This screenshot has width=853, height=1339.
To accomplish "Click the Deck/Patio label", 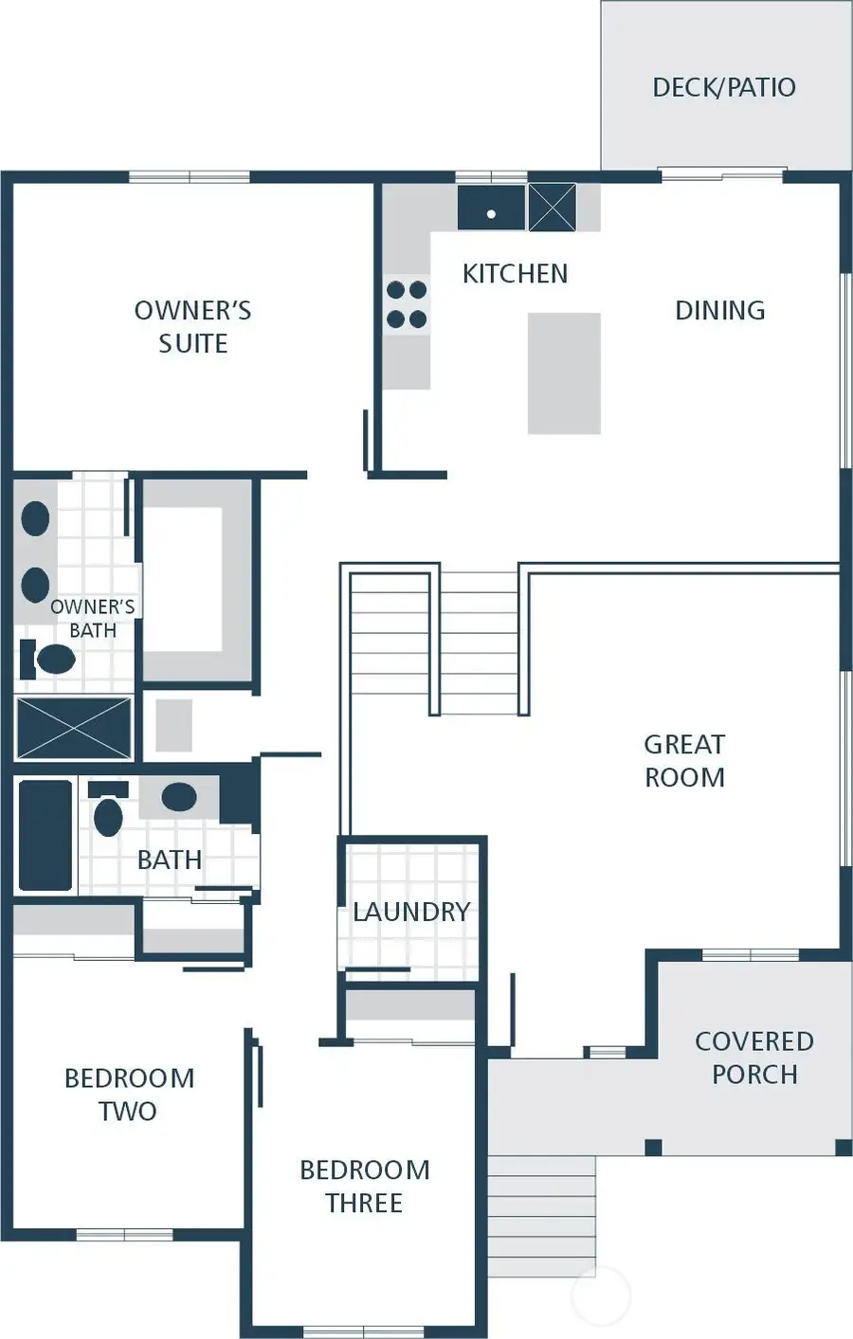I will click(x=723, y=87).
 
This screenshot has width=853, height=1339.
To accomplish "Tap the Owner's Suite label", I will click(x=192, y=327).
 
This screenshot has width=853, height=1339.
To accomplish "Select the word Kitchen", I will click(x=515, y=274).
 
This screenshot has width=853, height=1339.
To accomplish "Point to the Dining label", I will click(x=719, y=311).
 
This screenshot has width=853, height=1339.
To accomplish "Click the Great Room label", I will click(x=684, y=761).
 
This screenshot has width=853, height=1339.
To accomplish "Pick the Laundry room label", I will click(x=411, y=912).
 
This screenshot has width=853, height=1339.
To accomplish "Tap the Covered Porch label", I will click(x=753, y=1058).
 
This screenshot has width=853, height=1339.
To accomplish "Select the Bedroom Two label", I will click(x=129, y=1095).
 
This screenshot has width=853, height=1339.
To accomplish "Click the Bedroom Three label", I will click(x=364, y=1186).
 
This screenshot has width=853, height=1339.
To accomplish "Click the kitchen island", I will click(x=564, y=373).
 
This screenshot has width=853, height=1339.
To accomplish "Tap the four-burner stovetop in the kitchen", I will click(x=407, y=304).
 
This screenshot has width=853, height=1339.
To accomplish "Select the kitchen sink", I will click(x=491, y=208).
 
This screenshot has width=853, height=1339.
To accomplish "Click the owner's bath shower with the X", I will click(x=74, y=728).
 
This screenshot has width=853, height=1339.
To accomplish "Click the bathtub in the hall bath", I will click(x=45, y=835).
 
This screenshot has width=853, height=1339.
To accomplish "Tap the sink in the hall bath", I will click(x=179, y=797).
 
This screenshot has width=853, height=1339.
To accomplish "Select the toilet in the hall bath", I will click(x=108, y=811).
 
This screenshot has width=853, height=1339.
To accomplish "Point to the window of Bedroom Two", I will click(x=124, y=1234).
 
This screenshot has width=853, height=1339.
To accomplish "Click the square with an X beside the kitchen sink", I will click(x=552, y=208).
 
